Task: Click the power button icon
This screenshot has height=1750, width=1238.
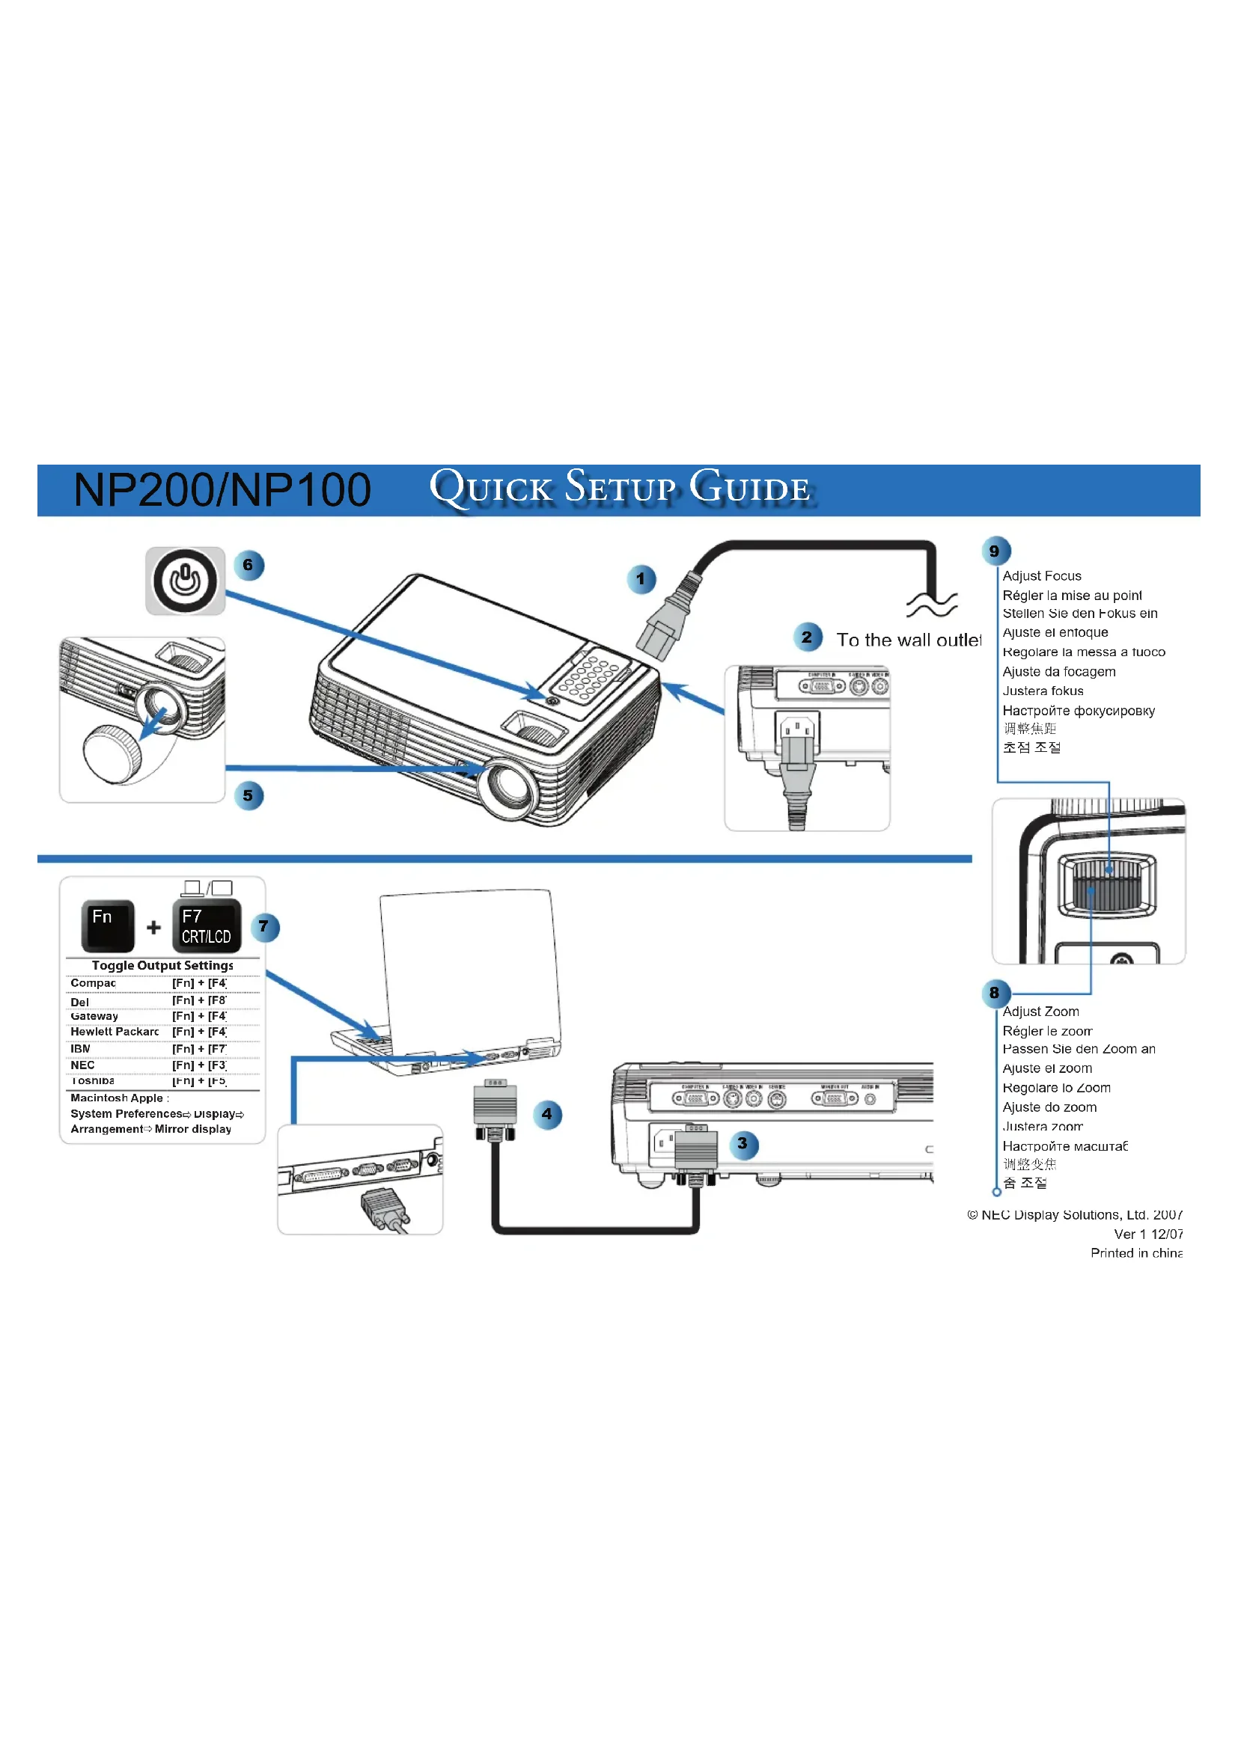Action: click(185, 581)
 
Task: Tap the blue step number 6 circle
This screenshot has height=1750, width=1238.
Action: click(248, 566)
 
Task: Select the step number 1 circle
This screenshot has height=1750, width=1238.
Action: click(641, 579)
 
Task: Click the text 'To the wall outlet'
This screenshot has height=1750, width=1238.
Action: click(909, 640)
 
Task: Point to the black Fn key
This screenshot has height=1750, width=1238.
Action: click(108, 926)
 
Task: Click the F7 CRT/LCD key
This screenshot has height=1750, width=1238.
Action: click(207, 926)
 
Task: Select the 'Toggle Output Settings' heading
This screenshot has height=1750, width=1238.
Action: click(162, 966)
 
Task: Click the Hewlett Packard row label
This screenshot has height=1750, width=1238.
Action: click(115, 1032)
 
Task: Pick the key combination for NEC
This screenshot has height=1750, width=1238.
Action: click(199, 1065)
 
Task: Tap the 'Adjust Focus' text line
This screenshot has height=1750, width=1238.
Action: click(1041, 576)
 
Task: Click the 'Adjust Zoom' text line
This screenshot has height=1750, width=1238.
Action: click(1040, 1012)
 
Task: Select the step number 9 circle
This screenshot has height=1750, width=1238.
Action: click(995, 551)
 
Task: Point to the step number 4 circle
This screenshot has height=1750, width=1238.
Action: click(546, 1114)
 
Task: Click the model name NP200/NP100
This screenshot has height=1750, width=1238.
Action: click(222, 489)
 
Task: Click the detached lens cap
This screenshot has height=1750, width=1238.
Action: click(112, 754)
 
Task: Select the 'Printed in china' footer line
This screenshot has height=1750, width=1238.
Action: click(1136, 1253)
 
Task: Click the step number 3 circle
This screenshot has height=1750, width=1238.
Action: click(743, 1143)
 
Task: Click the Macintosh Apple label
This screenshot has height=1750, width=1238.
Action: click(118, 1098)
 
